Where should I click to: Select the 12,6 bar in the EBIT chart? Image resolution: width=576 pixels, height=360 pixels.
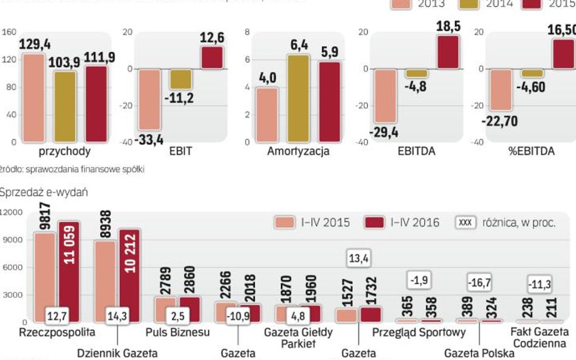click(x=212, y=58)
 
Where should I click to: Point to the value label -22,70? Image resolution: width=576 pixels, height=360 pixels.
click(x=499, y=121)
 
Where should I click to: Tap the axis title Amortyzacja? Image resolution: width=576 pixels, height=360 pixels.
click(x=298, y=152)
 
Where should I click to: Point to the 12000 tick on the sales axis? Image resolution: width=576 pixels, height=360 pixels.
click(x=12, y=212)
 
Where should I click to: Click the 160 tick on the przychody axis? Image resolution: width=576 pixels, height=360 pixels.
click(x=9, y=32)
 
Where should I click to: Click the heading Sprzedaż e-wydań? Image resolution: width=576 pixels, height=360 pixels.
click(x=44, y=192)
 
